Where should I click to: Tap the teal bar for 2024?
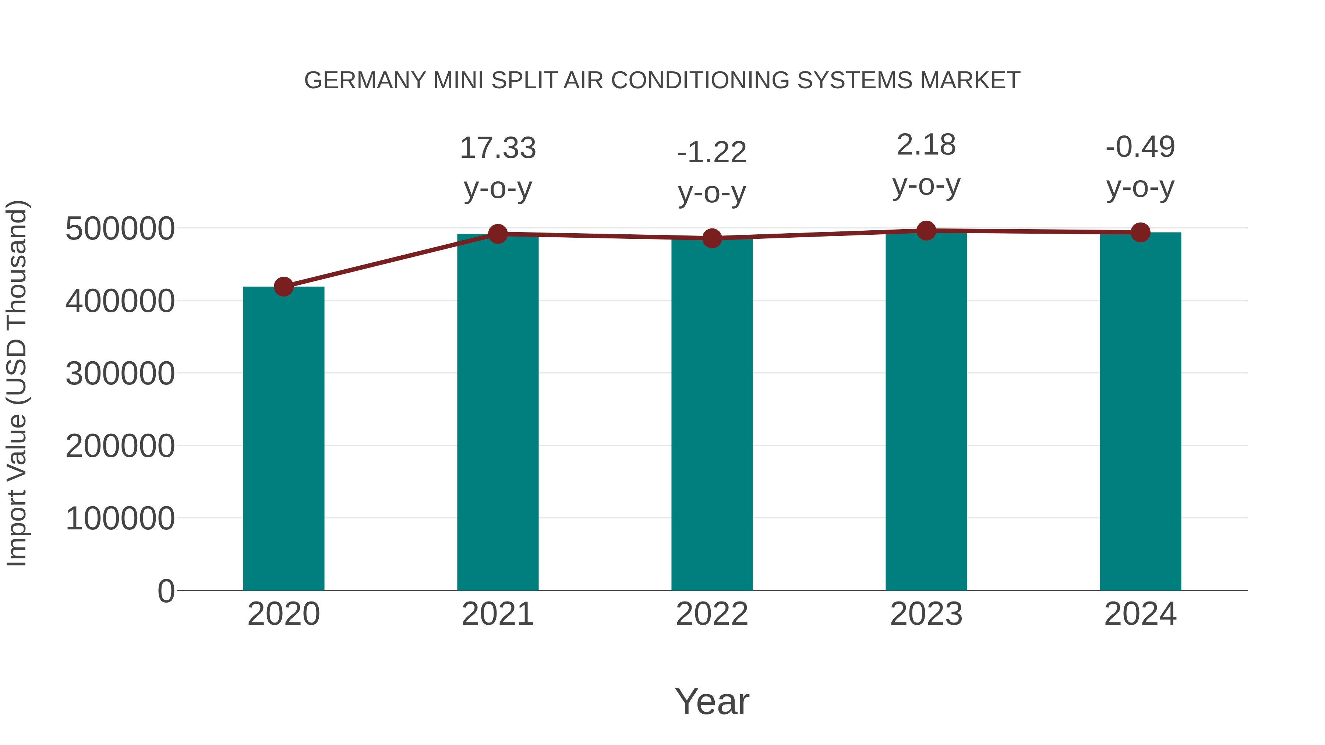tap(1140, 411)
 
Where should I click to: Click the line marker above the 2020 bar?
tap(283, 286)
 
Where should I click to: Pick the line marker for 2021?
tap(497, 234)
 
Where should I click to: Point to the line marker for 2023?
tap(926, 231)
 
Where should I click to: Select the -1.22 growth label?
tap(712, 153)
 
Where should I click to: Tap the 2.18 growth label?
tap(926, 145)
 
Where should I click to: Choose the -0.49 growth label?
tap(1140, 147)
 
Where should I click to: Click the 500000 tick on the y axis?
tap(120, 229)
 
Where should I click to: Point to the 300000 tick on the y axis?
tap(120, 374)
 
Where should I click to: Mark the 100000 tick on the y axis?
tap(120, 519)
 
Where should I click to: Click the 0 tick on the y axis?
tap(166, 591)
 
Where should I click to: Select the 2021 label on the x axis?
tap(497, 614)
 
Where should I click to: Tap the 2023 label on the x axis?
tap(926, 614)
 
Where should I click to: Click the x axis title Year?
tap(712, 701)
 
